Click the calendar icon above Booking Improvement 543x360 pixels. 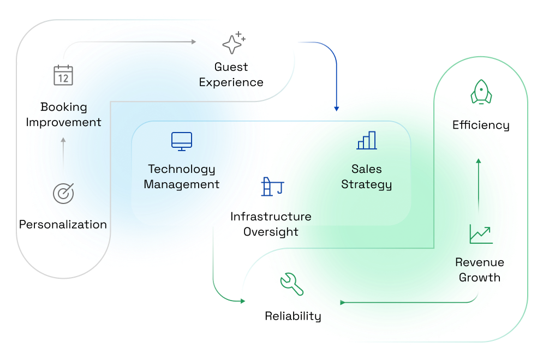click(63, 75)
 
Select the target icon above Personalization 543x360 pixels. click(63, 193)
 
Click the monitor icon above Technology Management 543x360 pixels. click(182, 141)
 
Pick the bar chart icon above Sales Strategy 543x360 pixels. click(367, 140)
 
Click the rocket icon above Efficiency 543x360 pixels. click(481, 92)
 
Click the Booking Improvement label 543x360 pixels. click(63, 115)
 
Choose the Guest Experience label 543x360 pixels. click(231, 75)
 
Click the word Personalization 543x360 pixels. click(63, 224)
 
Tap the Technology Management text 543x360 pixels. click(182, 177)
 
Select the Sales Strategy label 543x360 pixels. click(367, 177)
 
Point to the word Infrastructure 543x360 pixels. click(271, 217)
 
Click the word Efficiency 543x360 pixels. click(481, 125)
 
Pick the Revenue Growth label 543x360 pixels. click(480, 269)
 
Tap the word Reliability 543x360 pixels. click(293, 316)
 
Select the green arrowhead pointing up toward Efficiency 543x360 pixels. click(479, 161)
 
